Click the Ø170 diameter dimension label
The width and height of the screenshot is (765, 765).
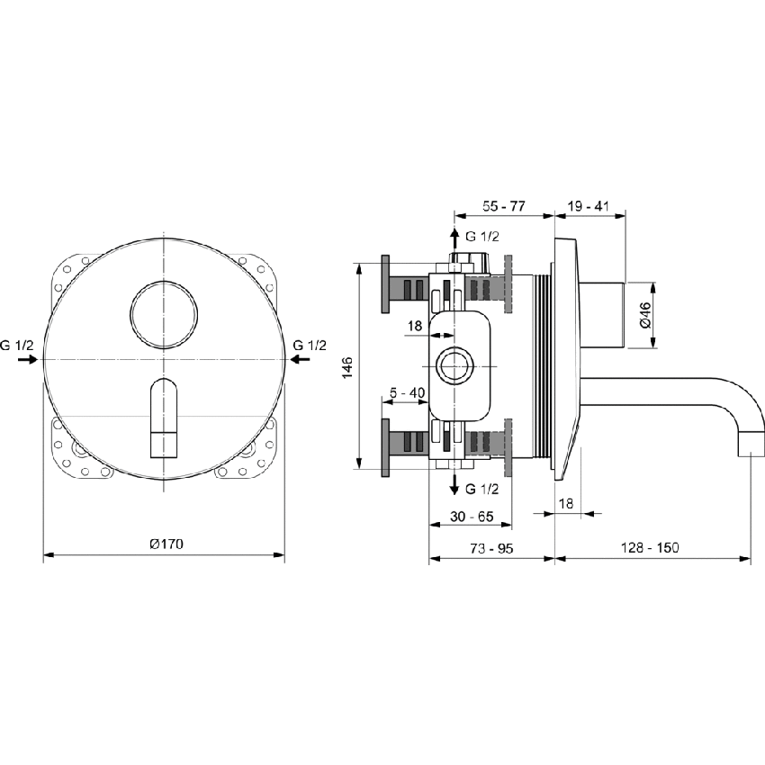pos(166,544)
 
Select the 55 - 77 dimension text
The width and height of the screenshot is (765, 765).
pos(503,206)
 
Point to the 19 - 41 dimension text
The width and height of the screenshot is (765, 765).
pos(589,206)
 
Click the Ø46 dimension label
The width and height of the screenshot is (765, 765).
pos(645,314)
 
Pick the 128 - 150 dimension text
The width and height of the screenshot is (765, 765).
pos(651,547)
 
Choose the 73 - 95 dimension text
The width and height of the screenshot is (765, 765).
pos(491,547)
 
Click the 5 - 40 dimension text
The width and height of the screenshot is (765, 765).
pos(407,392)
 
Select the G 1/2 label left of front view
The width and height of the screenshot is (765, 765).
pos(17,346)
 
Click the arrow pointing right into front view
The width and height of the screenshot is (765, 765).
pos(29,359)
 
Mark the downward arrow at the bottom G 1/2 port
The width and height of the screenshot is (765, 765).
pos(454,485)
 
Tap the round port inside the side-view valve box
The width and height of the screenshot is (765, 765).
pos(454,366)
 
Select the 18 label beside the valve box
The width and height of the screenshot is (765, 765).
pos(414,326)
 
